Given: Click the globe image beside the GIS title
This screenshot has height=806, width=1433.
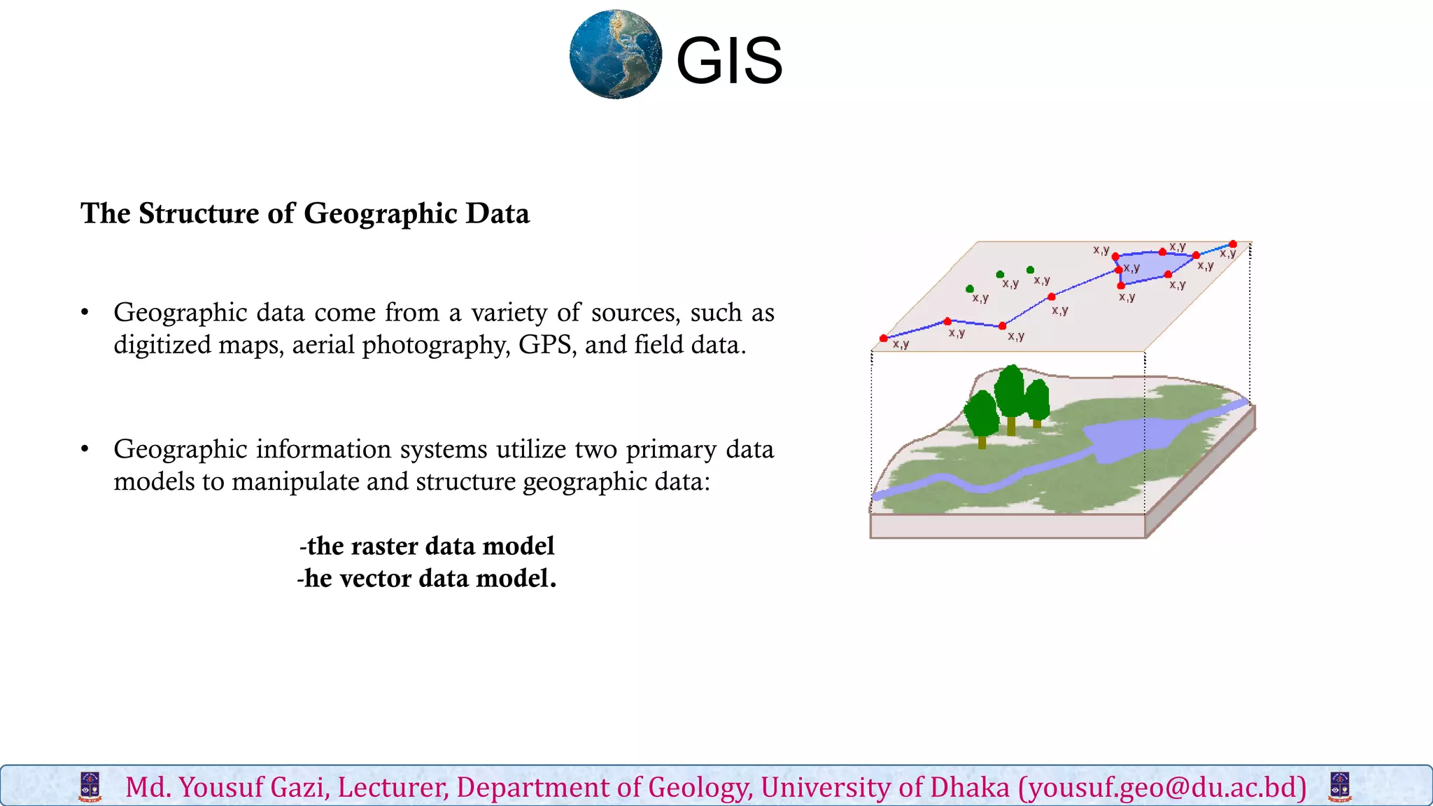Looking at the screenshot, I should [x=615, y=54].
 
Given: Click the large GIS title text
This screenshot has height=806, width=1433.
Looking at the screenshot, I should [x=728, y=62].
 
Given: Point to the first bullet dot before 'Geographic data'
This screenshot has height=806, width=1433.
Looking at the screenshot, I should [x=85, y=313].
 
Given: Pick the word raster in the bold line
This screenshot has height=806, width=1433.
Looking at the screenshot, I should [x=384, y=546].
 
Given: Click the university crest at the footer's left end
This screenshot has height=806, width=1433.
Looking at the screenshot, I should [x=90, y=787].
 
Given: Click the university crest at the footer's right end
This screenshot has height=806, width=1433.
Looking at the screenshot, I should [x=1339, y=787].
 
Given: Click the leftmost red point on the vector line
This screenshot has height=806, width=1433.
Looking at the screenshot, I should [x=884, y=339].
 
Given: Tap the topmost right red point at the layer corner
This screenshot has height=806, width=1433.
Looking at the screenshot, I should [x=1232, y=244].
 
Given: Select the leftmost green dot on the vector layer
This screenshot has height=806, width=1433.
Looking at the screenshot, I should [x=969, y=288].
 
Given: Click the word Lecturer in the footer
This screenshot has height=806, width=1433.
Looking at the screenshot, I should [x=393, y=788].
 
